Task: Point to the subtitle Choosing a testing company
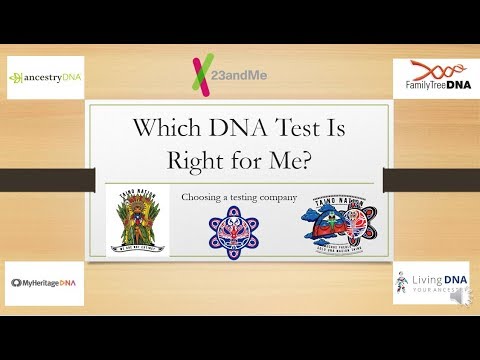point(240,198)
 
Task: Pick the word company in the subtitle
point(280,198)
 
